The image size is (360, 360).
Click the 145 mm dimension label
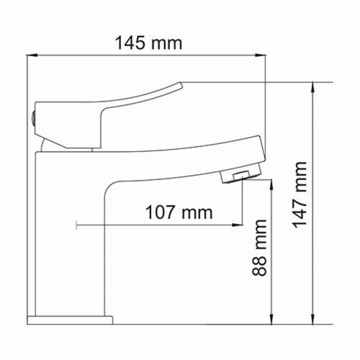pos(149,42)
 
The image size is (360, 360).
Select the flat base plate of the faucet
pos(71,318)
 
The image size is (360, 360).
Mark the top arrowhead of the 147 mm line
pos(313,86)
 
